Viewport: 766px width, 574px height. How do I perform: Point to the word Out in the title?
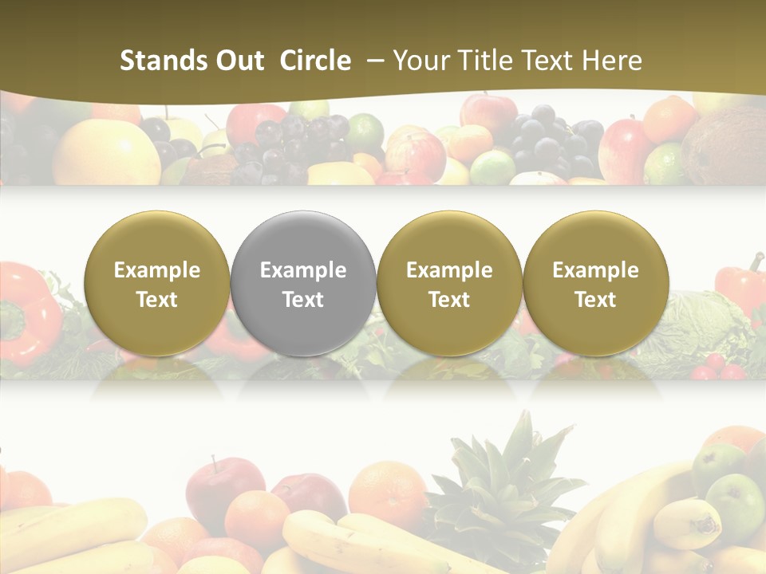[238, 61]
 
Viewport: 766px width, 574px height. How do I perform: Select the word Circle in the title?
[315, 61]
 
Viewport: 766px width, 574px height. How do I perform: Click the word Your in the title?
[420, 61]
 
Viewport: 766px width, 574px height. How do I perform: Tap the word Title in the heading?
[482, 61]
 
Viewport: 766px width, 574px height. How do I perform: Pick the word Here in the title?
[611, 61]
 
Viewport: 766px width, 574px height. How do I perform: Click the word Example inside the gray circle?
[303, 270]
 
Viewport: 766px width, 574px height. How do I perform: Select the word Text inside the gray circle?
[303, 300]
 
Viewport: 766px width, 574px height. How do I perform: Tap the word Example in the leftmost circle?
[157, 270]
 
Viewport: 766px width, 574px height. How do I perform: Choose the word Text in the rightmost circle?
[595, 300]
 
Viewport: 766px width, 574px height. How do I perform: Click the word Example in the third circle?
[449, 270]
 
